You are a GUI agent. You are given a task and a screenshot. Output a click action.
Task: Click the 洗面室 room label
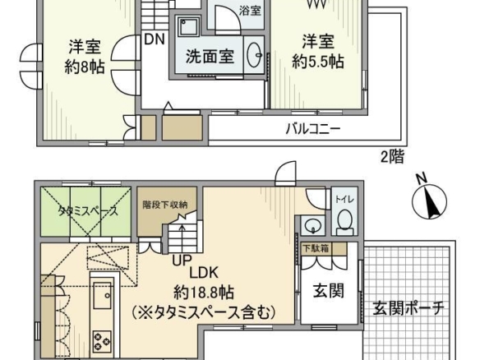point(210,57)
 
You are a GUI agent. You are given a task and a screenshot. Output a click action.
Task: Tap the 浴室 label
point(250,11)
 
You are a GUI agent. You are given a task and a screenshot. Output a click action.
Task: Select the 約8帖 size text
point(85,67)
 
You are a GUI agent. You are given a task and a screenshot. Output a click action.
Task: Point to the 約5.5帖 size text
point(318,62)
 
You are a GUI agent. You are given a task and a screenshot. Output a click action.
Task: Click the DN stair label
point(155,39)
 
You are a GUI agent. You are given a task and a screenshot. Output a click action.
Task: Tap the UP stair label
point(182,261)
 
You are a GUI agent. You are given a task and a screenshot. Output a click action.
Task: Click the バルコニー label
point(313,128)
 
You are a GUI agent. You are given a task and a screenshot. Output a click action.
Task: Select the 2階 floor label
point(393,156)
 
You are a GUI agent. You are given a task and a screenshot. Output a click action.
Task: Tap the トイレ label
point(344,200)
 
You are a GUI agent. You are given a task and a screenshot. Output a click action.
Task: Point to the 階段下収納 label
point(165,205)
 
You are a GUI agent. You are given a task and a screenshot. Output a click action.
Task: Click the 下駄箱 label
point(316,248)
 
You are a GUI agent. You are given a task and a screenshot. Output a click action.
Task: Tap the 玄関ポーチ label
point(408,308)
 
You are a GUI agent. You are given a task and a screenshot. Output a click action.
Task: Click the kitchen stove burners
point(102,340)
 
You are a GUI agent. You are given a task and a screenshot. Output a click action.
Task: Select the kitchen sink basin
point(102,295)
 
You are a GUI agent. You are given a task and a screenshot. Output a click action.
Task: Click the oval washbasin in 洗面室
point(255,55)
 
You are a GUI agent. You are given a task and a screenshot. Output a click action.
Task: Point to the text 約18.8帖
point(204,293)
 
